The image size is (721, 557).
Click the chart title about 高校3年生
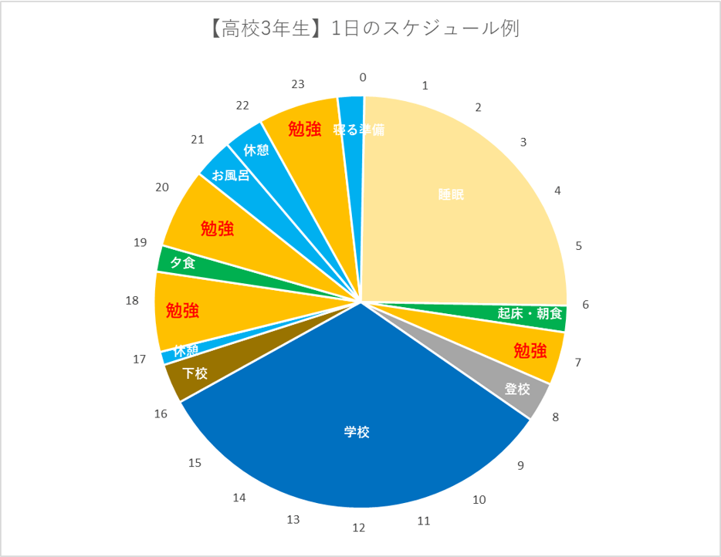(360, 29)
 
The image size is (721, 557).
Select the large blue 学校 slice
(357, 432)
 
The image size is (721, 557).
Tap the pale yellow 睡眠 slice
(452, 195)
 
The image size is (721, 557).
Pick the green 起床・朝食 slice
(530, 315)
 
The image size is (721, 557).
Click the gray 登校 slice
(517, 390)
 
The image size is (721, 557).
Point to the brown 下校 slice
(195, 374)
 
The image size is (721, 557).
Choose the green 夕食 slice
(183, 263)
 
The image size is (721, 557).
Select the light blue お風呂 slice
(230, 175)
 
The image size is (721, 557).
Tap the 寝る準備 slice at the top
(352, 130)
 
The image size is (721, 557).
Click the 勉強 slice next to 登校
(530, 351)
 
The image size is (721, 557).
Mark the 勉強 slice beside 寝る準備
(304, 128)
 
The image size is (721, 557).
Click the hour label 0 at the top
(363, 77)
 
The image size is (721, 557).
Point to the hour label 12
(358, 528)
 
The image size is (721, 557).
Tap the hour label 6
(585, 305)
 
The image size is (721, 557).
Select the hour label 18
(132, 300)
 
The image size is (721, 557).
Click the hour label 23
(299, 83)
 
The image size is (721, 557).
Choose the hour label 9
(520, 465)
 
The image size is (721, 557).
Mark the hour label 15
(195, 463)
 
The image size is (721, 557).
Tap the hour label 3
(523, 143)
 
